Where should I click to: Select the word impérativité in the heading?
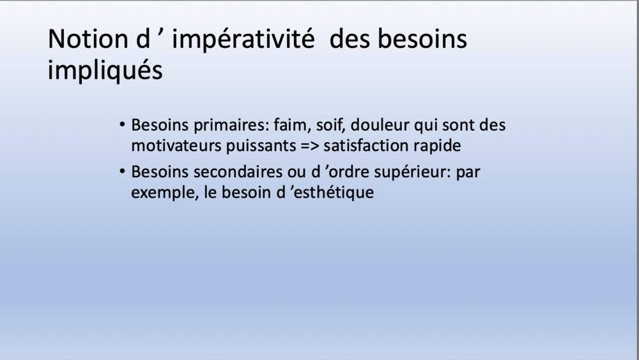243,40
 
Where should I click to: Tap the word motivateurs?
176,146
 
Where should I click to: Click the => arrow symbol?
309,146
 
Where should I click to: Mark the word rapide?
437,146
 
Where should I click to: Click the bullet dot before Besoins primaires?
123,124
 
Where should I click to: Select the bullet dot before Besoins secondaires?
123,172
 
